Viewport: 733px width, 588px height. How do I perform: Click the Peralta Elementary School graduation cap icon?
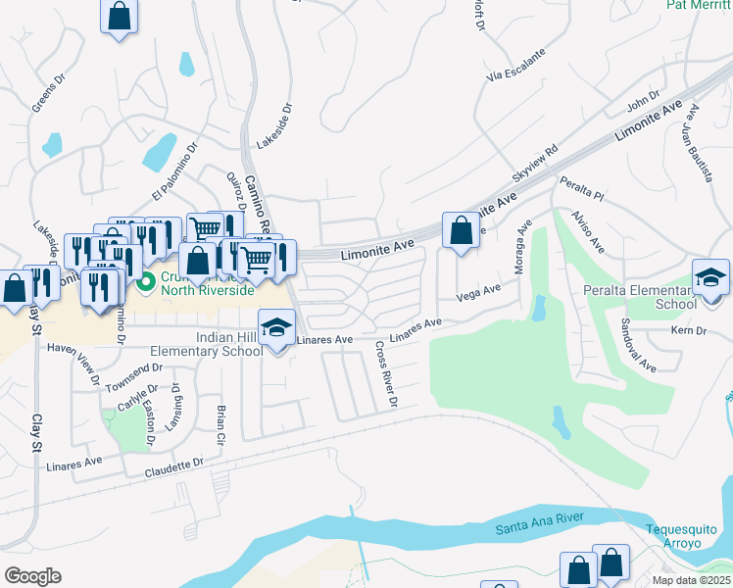[710, 276]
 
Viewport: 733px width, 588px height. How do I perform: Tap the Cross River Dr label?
[385, 374]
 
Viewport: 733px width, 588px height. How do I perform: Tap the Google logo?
[32, 575]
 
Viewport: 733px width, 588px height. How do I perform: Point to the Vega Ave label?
[478, 293]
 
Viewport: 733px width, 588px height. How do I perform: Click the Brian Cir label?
[221, 422]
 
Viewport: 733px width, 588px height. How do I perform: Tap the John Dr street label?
[643, 100]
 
